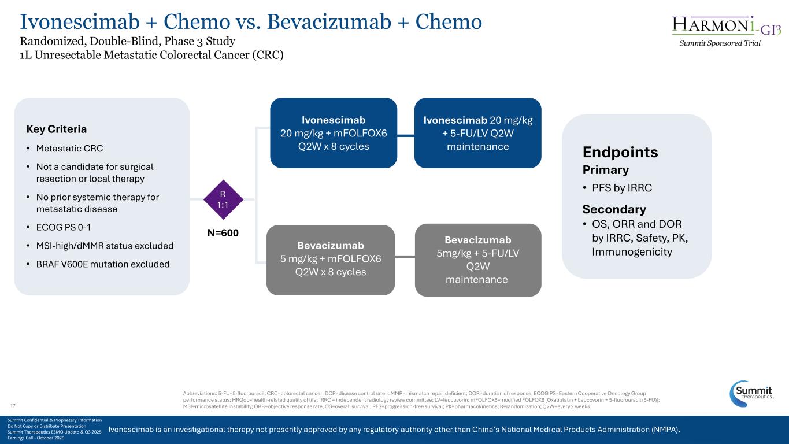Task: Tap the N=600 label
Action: point(223,232)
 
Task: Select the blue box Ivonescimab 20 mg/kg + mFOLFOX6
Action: point(334,133)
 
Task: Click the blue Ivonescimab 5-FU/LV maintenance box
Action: point(477,133)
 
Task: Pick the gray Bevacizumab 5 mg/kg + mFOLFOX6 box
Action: point(330,259)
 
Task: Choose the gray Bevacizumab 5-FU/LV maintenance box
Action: point(477,260)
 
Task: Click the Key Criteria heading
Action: point(57,128)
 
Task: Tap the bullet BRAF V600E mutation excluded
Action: point(102,264)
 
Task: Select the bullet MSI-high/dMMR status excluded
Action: point(104,246)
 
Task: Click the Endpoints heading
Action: point(620,152)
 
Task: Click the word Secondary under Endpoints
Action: point(614,209)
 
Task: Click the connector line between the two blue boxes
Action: point(406,136)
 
